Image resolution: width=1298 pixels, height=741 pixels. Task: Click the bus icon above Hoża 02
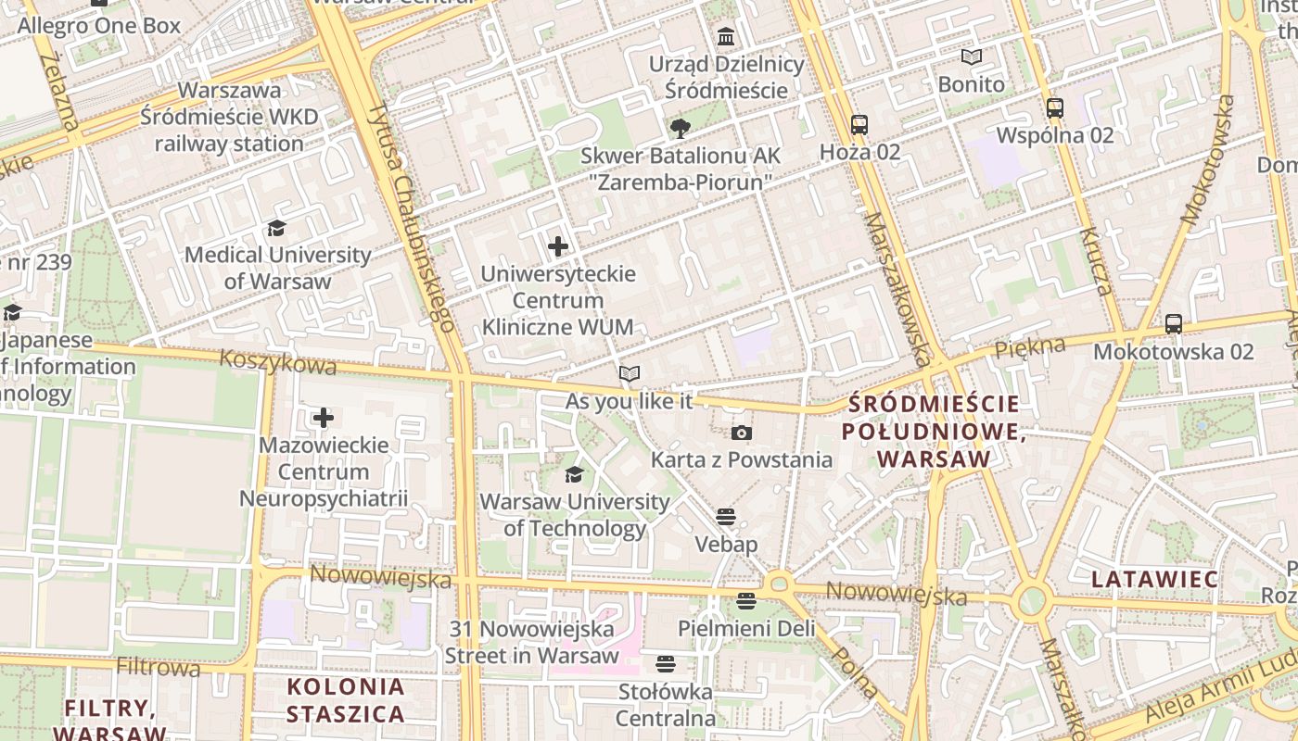859,124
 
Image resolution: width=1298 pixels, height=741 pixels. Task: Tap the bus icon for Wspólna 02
1054,107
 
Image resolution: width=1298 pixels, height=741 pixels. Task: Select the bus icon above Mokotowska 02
1173,324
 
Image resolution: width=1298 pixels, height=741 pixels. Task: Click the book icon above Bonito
971,57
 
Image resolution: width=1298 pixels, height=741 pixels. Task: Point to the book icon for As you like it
630,373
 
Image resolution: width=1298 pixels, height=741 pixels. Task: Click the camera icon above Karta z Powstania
741,433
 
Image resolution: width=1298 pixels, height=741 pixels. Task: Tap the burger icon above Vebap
726,517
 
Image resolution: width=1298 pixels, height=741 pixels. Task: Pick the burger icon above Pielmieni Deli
746,601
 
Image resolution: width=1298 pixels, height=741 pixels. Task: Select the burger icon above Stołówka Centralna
665,663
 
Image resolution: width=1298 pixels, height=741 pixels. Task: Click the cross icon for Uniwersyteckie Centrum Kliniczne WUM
557,246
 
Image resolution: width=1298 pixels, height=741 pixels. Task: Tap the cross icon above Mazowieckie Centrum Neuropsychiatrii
323,418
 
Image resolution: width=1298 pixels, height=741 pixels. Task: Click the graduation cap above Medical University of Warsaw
276,228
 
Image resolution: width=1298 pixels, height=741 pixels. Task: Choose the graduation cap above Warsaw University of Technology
574,475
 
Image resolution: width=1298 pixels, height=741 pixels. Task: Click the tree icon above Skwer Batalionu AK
680,129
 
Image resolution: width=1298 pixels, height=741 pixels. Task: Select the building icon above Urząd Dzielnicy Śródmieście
726,37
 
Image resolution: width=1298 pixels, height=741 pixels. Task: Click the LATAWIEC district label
1153,579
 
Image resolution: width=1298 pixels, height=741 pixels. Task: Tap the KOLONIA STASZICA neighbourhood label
345,700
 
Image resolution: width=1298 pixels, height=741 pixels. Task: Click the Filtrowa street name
158,666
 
